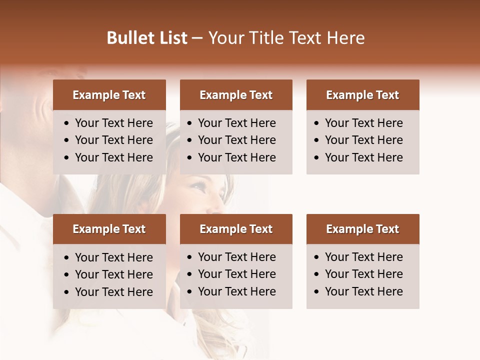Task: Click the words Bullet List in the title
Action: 147,38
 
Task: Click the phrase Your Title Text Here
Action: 286,38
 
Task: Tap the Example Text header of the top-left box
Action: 109,95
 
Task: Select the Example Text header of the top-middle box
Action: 236,95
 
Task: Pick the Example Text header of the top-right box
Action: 362,95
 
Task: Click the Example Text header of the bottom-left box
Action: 109,229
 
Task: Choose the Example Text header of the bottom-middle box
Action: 236,229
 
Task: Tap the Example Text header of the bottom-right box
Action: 362,229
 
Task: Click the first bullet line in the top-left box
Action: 113,123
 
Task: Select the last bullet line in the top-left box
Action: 113,157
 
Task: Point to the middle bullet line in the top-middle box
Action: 236,140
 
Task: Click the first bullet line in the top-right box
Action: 363,123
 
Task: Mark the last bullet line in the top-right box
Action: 363,157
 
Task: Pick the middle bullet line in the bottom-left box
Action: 113,274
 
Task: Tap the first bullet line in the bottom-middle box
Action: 236,257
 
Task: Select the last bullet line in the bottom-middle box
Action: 236,291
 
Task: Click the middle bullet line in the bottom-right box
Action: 363,274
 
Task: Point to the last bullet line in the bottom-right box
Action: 363,291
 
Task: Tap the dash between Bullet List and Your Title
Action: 197,38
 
